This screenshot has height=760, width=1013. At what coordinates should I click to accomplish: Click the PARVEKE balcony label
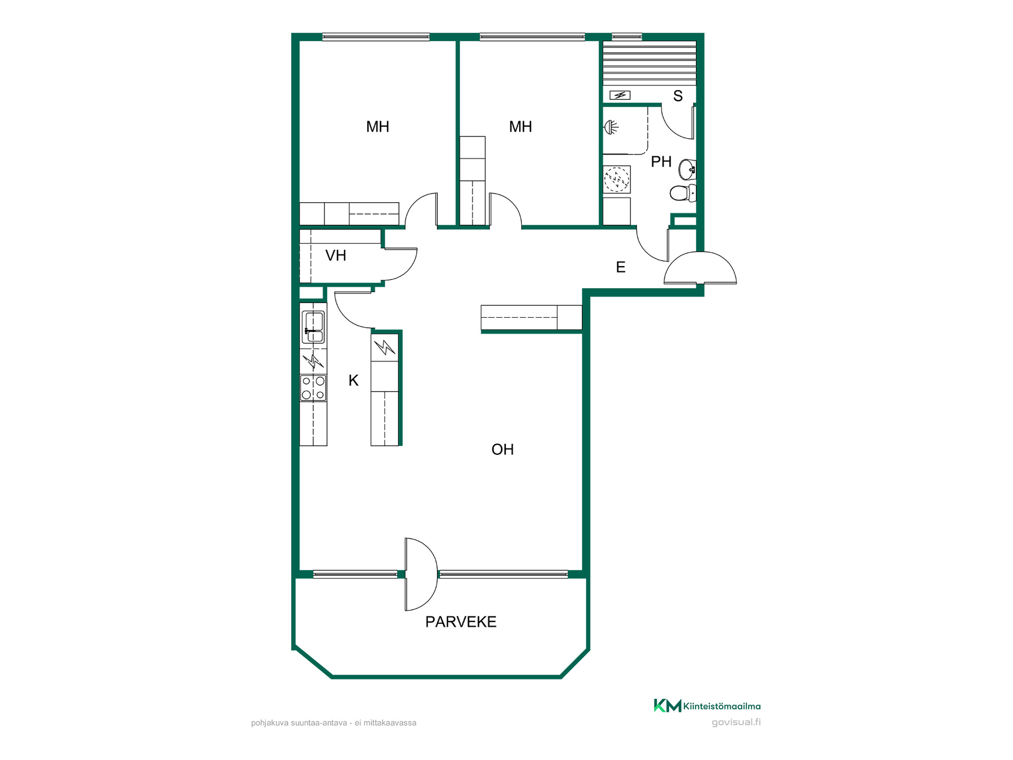(x=461, y=622)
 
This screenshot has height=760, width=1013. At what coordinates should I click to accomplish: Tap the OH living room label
(x=502, y=449)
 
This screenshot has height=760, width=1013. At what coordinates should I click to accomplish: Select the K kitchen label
(x=353, y=381)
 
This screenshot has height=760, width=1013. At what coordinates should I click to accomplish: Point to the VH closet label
(x=336, y=255)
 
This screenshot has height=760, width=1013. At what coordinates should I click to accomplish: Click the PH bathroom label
(x=661, y=161)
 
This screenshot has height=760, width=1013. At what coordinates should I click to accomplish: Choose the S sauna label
(x=678, y=96)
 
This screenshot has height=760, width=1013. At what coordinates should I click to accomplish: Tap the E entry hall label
(x=620, y=267)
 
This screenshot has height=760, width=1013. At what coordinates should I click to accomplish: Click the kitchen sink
(x=313, y=327)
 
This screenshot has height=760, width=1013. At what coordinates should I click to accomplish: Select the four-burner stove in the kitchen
(x=313, y=388)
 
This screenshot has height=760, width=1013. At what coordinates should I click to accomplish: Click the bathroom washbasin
(x=687, y=169)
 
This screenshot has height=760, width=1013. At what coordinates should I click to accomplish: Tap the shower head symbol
(x=611, y=127)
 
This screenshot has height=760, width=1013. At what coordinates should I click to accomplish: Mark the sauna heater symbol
(x=620, y=95)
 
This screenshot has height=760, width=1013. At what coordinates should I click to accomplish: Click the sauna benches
(x=649, y=63)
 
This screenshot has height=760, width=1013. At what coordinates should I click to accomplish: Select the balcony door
(x=421, y=574)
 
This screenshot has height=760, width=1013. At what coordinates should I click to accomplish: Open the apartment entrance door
(x=700, y=268)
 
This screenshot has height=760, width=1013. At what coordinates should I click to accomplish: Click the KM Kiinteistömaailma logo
(x=707, y=706)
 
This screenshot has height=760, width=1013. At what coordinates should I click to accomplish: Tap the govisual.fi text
(x=736, y=723)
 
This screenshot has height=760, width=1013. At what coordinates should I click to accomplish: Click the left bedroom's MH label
(x=378, y=127)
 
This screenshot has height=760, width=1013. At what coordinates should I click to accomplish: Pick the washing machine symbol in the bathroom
(x=617, y=179)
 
